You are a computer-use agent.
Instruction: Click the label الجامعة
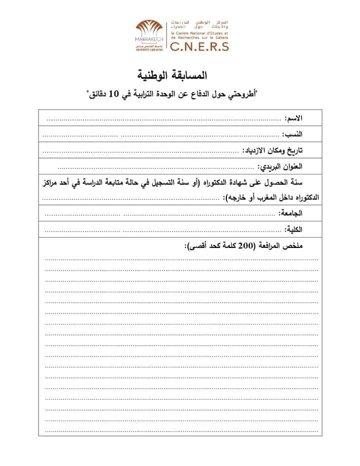pos(291,213)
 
